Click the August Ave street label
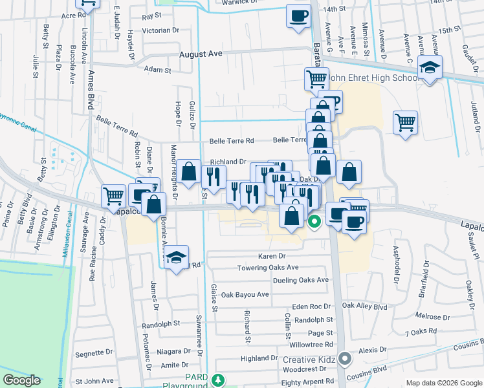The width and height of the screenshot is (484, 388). (x=201, y=56)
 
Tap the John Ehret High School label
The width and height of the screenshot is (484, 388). (x=374, y=78)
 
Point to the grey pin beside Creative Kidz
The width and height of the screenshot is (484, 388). (x=345, y=358)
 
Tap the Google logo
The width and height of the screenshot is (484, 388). (x=21, y=380)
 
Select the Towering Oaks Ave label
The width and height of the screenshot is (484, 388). (x=268, y=268)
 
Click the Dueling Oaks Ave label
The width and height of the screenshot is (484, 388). (x=301, y=280)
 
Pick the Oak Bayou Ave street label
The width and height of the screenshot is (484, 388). (x=245, y=294)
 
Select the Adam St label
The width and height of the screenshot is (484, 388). (x=157, y=69)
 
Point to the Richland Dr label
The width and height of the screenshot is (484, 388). (x=228, y=162)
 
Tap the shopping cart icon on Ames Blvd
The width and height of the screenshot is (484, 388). (x=113, y=195)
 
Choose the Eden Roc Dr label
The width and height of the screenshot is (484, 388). (x=311, y=307)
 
